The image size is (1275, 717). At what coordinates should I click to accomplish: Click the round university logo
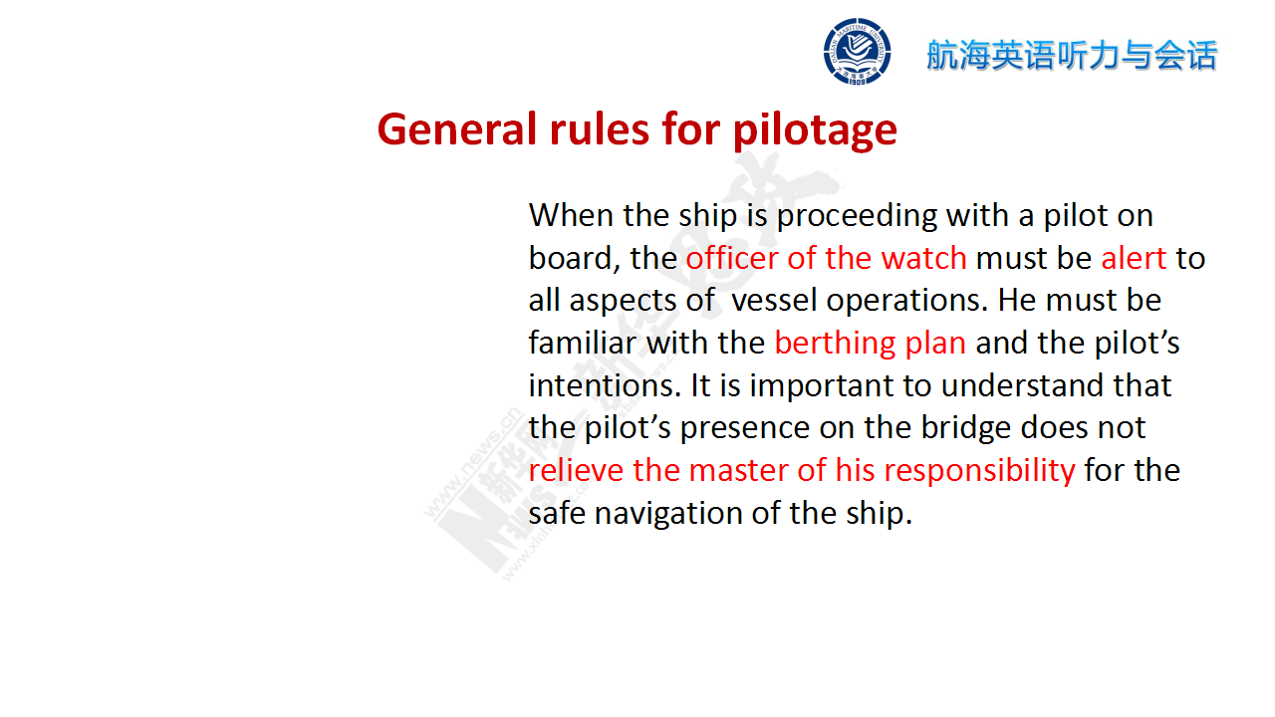point(857,51)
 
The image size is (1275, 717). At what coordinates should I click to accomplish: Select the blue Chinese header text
point(1072,55)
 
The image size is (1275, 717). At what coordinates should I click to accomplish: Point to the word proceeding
point(857,217)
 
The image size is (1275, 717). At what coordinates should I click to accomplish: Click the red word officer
point(732,258)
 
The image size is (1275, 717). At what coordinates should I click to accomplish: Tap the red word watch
point(923,258)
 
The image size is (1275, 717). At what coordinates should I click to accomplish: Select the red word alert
point(1134,258)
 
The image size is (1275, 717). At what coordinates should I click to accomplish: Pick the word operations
point(906,302)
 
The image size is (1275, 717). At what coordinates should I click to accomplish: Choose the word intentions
point(605,385)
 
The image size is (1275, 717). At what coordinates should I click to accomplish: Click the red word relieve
point(576,471)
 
